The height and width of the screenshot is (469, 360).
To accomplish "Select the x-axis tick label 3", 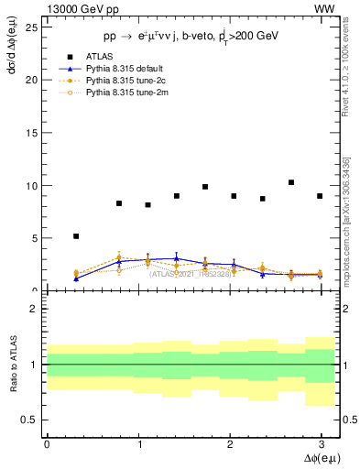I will (x=320, y=444).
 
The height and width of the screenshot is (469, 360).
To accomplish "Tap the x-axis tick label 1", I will (x=137, y=444).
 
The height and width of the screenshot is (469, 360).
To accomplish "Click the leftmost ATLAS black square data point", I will (x=76, y=236).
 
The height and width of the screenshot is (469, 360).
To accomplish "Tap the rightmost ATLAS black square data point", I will (x=320, y=196).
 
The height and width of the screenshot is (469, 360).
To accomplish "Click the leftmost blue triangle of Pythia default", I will (x=76, y=278).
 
